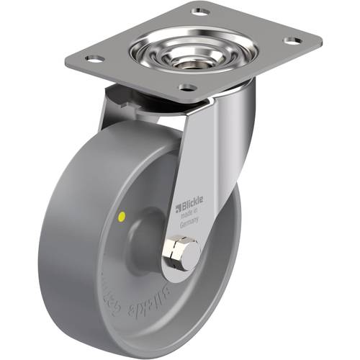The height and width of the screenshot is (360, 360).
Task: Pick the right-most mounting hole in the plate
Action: click(x=289, y=41)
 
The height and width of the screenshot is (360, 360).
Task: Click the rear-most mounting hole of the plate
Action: click(x=199, y=12)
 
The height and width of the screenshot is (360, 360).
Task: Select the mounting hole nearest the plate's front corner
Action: click(x=186, y=89)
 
